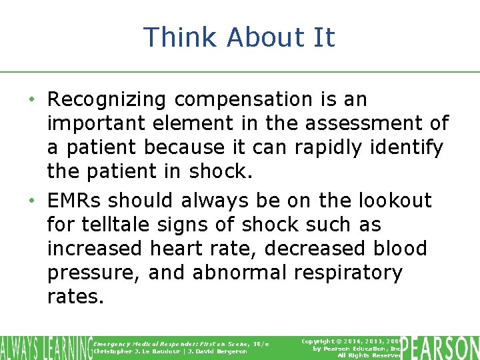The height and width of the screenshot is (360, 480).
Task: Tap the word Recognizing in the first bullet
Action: click(107, 100)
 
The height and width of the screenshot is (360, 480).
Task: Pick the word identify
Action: click(407, 148)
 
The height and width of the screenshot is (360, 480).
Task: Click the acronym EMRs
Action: click(75, 201)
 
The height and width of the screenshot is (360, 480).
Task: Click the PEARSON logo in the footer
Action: click(441, 347)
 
